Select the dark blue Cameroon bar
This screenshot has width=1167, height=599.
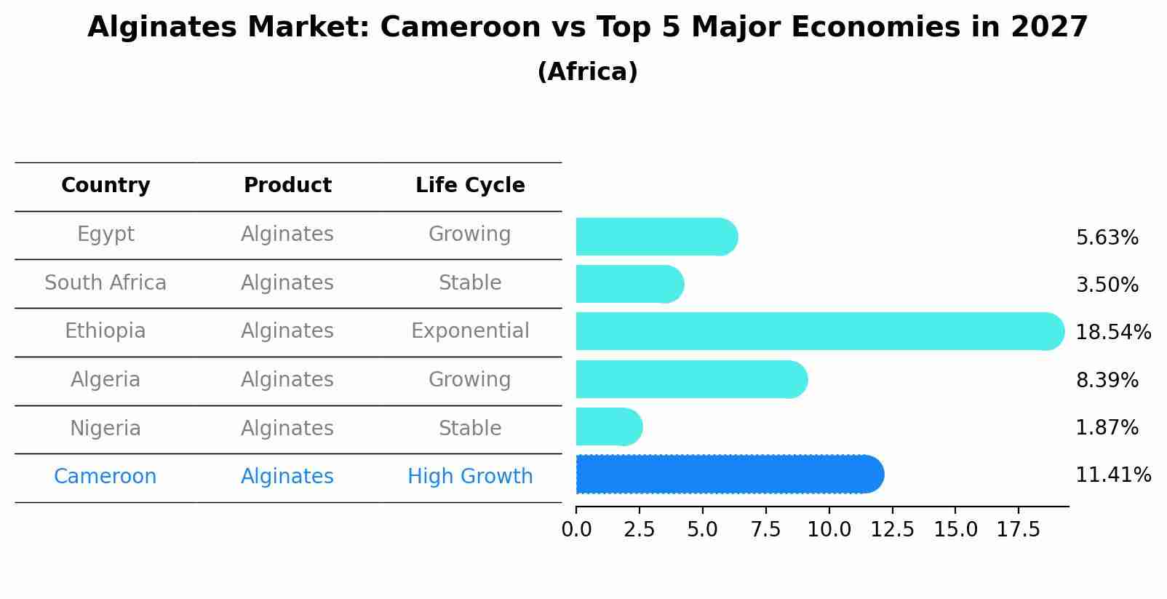728,475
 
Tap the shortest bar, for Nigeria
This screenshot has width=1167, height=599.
608,427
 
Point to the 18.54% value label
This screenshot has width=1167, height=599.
1112,333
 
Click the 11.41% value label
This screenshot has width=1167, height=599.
1112,475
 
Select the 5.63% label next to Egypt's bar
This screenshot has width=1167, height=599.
1107,238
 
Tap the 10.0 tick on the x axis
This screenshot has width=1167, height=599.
829,530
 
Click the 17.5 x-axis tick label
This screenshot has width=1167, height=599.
1018,530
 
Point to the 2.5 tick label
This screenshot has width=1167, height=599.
639,530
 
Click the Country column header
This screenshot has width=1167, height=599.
105,186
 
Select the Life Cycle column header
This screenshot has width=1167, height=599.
470,186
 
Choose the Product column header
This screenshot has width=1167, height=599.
287,186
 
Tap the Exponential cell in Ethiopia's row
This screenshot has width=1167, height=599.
470,331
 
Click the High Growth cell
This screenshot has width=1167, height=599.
470,477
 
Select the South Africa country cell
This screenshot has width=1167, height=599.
105,283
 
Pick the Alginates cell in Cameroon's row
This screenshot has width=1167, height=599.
287,477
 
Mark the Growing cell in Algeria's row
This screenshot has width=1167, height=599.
470,380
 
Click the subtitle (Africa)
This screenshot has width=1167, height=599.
587,72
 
